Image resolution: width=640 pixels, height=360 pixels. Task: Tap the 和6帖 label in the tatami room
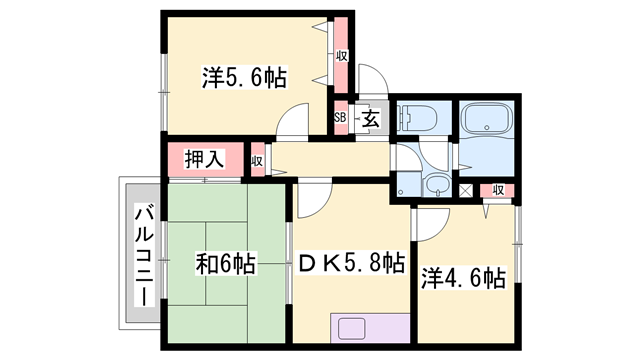(224, 265)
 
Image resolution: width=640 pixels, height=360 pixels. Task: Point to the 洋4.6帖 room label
(461, 278)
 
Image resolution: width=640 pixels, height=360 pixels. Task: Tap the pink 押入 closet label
(203, 158)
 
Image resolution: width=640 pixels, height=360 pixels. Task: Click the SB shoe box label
(340, 118)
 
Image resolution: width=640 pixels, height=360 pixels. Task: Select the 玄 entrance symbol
(369, 119)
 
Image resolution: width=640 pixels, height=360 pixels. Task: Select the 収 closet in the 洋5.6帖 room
(341, 56)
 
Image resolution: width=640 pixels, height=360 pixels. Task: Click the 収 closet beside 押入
(257, 160)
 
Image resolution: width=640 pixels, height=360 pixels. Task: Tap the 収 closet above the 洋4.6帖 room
(497, 189)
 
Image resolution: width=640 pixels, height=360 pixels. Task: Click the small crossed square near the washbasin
(465, 189)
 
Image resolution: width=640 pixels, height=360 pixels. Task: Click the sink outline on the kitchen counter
(354, 329)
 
